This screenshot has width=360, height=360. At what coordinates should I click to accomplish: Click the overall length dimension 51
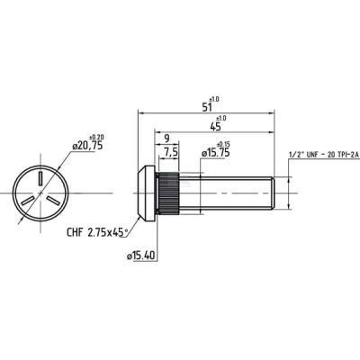coord(207,106)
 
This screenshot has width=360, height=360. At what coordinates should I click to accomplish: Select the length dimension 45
coord(215,126)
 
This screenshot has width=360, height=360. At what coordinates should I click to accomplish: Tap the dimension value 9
coord(166,139)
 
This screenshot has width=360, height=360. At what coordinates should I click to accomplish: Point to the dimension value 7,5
coord(170,153)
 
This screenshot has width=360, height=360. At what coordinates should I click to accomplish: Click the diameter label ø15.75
coord(215,153)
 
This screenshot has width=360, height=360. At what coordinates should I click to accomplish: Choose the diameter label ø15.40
coord(140,256)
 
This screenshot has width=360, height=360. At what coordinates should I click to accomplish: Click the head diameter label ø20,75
coord(87,146)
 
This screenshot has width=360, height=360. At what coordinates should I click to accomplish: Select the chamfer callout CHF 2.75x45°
coord(97,232)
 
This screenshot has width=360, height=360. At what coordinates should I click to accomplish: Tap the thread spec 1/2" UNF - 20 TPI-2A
coord(324,155)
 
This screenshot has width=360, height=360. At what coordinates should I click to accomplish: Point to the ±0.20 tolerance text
coord(96,138)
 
